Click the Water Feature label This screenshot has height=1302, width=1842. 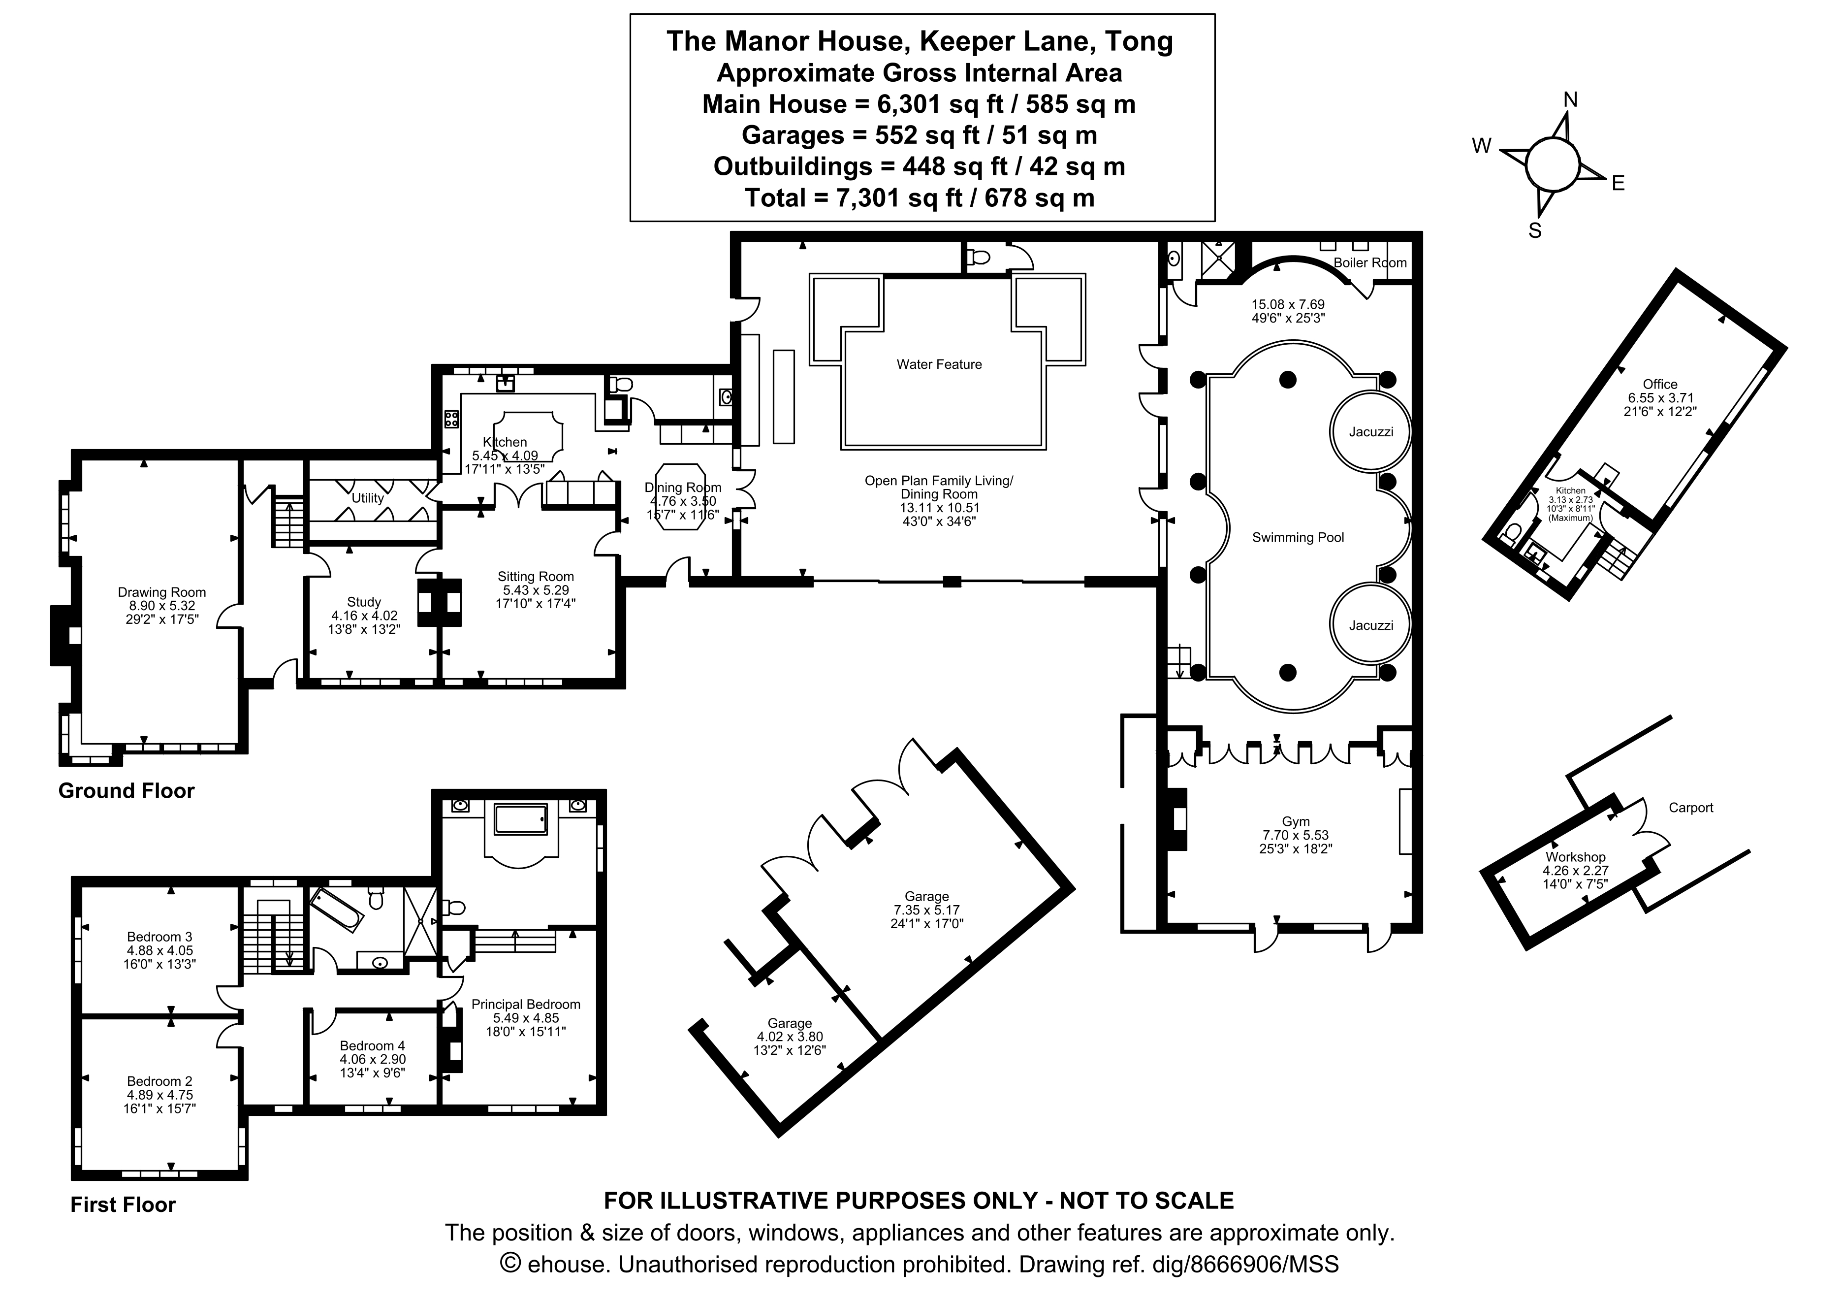click(x=939, y=364)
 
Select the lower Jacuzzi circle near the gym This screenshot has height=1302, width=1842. click(x=1370, y=625)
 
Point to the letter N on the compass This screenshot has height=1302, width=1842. click(x=1570, y=99)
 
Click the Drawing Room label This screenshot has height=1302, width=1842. click(x=161, y=592)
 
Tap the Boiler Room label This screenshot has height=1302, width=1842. click(x=1369, y=262)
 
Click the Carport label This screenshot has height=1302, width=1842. click(x=1690, y=808)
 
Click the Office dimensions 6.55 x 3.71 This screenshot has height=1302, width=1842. click(x=1659, y=397)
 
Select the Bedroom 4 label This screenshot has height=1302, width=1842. click(x=372, y=1046)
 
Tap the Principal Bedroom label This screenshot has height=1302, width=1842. click(x=526, y=1004)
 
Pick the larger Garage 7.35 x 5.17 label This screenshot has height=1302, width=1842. click(x=926, y=897)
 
